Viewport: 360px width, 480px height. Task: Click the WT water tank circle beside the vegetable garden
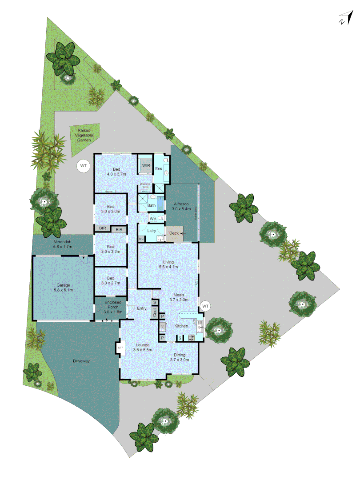pyautogui.click(x=83, y=166)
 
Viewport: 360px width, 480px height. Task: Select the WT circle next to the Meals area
pyautogui.click(x=205, y=306)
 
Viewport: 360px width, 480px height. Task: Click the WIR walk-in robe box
pyautogui.click(x=145, y=166)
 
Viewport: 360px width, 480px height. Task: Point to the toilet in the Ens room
pyautogui.click(x=165, y=160)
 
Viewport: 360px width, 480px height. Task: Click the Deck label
pyautogui.click(x=173, y=233)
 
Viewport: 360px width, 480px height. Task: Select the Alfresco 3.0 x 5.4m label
pyautogui.click(x=182, y=206)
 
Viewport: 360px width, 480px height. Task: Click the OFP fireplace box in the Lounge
pyautogui.click(x=120, y=347)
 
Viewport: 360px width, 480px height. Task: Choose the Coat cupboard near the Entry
pyautogui.click(x=155, y=312)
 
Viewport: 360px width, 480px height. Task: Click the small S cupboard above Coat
pyautogui.click(x=154, y=302)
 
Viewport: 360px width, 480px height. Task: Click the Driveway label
pyautogui.click(x=81, y=361)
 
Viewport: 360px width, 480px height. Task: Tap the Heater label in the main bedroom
pyautogui.click(x=108, y=192)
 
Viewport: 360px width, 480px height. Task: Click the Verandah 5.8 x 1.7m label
pyautogui.click(x=63, y=244)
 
